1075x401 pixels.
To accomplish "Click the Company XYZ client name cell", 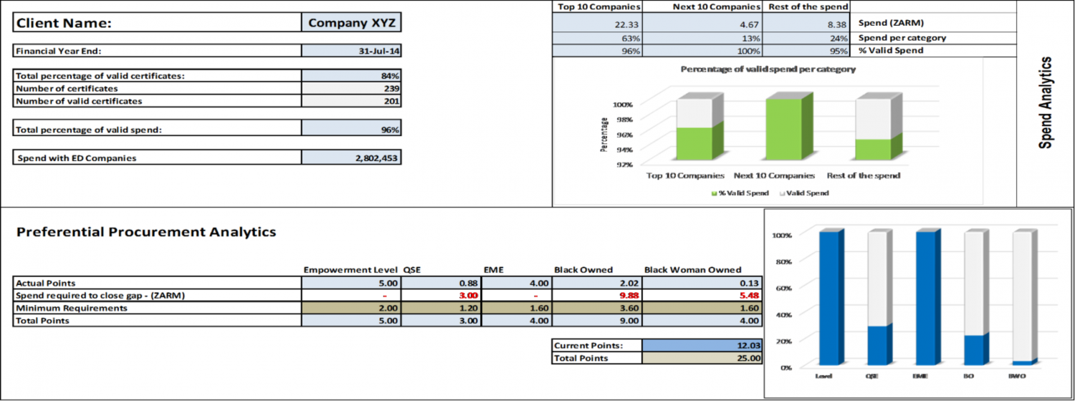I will pyautogui.click(x=351, y=23).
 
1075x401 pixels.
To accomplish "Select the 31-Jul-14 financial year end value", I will pyautogui.click(x=351, y=51).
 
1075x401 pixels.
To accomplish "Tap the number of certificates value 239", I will pyautogui.click(x=351, y=88).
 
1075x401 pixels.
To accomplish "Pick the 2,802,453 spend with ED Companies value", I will pyautogui.click(x=351, y=158).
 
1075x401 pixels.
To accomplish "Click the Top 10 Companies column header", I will pyautogui.click(x=596, y=6).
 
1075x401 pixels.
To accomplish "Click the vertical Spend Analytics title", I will pyautogui.click(x=1046, y=102).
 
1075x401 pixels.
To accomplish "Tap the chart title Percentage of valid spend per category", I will pyautogui.click(x=768, y=69).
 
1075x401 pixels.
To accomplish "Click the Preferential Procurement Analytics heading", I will pyautogui.click(x=146, y=232).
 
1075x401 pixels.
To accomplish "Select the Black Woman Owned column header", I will pyautogui.click(x=692, y=270).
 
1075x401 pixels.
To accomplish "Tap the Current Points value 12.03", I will pyautogui.click(x=702, y=345).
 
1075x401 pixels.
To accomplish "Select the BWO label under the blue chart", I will pyautogui.click(x=1016, y=375).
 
